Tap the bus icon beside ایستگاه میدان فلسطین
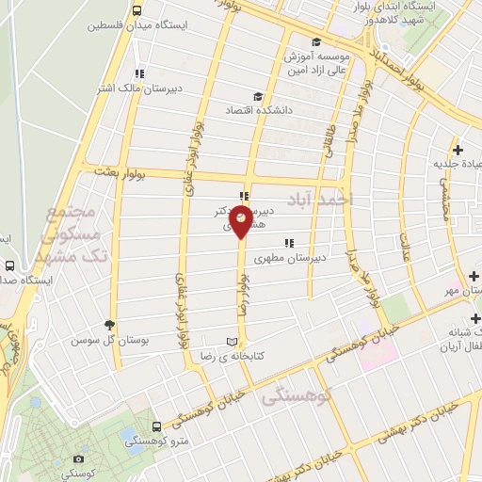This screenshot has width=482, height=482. click(x=137, y=11)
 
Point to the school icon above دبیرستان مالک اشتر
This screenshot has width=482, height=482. click(x=138, y=72)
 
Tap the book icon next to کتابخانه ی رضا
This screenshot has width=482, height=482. click(x=233, y=341)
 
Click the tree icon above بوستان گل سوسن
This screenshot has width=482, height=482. click(x=111, y=324)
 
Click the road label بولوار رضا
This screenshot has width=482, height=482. click(x=242, y=293)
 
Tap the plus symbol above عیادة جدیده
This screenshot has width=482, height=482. click(x=458, y=149)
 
